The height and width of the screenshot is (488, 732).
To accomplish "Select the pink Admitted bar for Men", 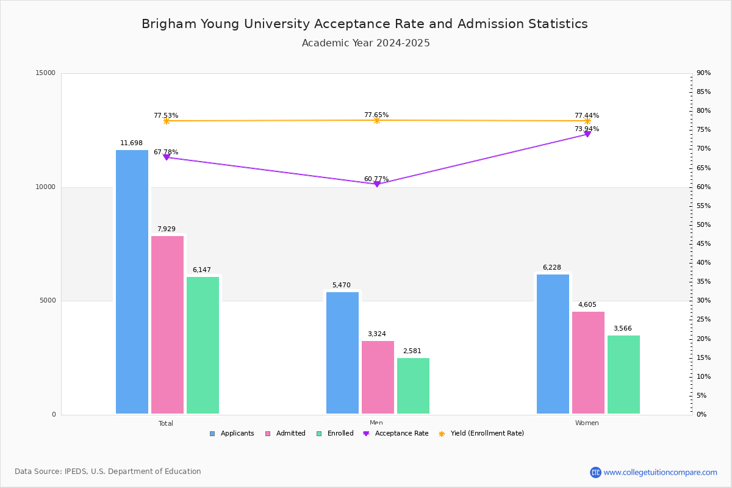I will click(x=378, y=378).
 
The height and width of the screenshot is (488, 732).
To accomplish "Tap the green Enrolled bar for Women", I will click(x=623, y=375).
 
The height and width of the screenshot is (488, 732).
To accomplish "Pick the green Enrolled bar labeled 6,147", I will click(x=203, y=345).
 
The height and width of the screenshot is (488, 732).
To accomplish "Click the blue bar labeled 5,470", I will click(x=342, y=353).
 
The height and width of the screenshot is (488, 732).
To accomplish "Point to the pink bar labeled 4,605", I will click(x=588, y=363).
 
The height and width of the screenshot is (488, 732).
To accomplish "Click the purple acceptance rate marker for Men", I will click(x=376, y=184).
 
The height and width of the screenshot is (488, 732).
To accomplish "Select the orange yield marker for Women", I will click(x=587, y=121).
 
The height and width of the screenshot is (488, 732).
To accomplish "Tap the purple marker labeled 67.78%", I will click(x=166, y=157).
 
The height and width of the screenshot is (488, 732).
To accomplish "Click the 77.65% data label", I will click(x=376, y=115).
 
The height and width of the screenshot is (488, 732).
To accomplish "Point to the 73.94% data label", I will click(x=587, y=129).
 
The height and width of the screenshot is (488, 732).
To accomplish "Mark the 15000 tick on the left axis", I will click(x=46, y=73).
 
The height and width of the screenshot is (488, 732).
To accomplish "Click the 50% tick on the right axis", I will click(x=703, y=225).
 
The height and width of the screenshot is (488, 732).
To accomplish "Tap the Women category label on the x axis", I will click(x=587, y=423).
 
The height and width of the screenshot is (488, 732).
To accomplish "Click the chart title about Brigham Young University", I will click(x=365, y=24).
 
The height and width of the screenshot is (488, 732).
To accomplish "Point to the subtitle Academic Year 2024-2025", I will click(x=366, y=43).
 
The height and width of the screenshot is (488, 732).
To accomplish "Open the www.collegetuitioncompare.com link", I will click(x=660, y=472).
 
